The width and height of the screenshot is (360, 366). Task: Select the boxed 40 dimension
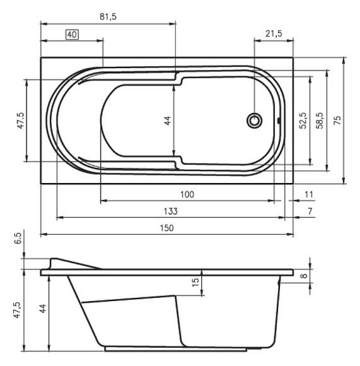[x=71, y=35]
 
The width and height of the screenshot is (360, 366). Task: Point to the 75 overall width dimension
[x=337, y=121]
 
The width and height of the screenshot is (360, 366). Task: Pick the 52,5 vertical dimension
[x=303, y=121]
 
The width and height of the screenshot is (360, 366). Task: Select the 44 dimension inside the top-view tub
[x=168, y=120]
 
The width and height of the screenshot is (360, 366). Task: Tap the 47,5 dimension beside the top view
[x=20, y=121]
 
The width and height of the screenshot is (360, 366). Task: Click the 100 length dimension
[x=187, y=194]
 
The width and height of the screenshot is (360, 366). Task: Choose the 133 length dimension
[x=170, y=211]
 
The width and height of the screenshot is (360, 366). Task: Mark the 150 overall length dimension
[x=166, y=228]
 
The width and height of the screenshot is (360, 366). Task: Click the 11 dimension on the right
[x=308, y=194]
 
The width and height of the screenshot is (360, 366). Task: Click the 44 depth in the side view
[x=42, y=309]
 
